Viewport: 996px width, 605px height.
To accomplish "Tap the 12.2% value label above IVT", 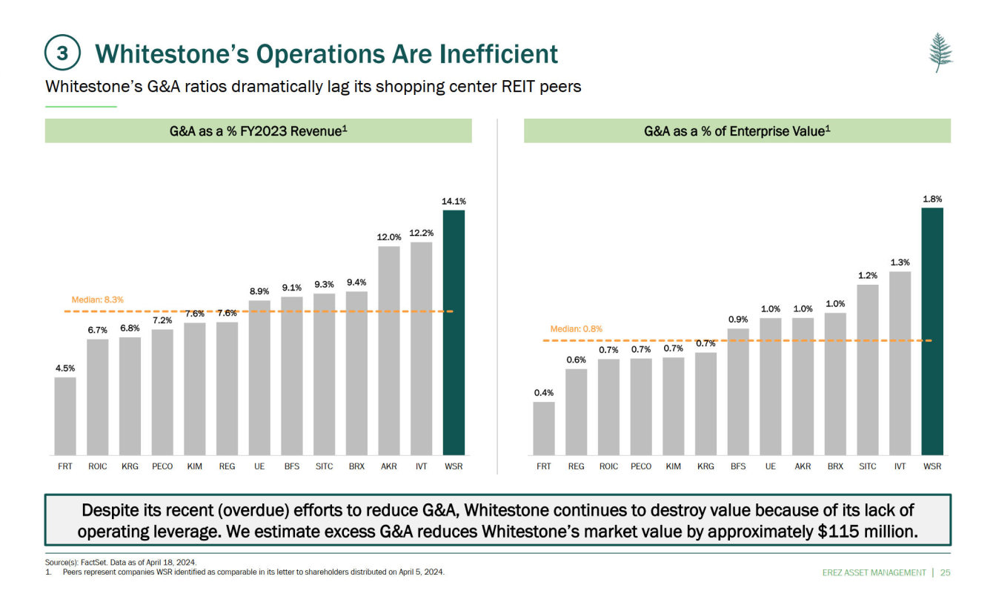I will click(x=421, y=233).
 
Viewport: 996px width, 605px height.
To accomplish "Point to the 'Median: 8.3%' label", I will click(x=97, y=300).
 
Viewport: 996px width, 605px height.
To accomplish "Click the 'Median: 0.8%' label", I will click(x=576, y=328).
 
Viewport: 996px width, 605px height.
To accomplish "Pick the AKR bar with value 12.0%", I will click(x=389, y=350).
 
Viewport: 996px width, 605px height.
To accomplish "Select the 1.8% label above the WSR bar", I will click(x=932, y=199).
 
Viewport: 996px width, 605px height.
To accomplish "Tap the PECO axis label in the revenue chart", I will click(x=162, y=466).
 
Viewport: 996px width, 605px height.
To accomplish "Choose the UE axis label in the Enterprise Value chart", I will click(x=771, y=466).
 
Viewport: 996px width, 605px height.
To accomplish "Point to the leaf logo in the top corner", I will click(x=940, y=52).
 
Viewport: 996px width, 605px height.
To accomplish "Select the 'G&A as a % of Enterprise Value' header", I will click(x=737, y=131).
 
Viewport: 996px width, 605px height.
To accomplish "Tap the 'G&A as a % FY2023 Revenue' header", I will click(x=258, y=131).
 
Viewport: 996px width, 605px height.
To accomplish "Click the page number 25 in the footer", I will click(x=945, y=572).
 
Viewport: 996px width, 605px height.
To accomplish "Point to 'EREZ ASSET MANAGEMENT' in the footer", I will click(x=874, y=572).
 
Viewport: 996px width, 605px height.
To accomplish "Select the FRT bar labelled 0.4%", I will click(x=544, y=428).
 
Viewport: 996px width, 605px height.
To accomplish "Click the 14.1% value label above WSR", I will click(x=454, y=201).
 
